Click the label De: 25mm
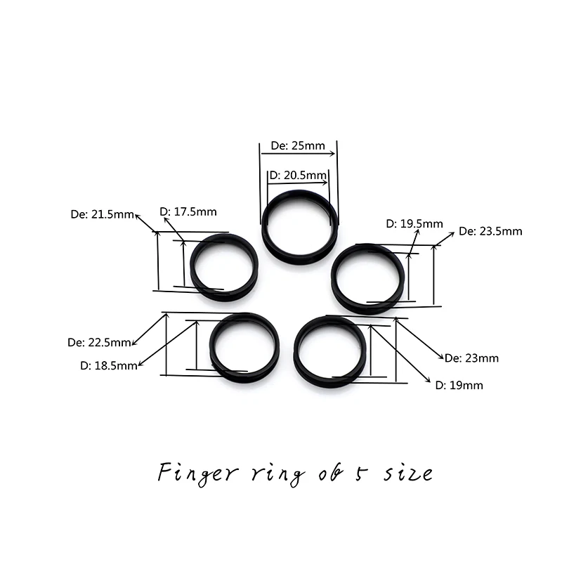tap(298, 146)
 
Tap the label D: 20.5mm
tap(298, 175)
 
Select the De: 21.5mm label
tap(103, 214)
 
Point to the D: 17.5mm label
tap(188, 211)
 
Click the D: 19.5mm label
tap(414, 223)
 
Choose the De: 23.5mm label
tap(490, 230)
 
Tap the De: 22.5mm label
tap(99, 343)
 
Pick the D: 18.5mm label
tap(108, 365)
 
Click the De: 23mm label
tap(471, 358)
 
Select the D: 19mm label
tap(459, 385)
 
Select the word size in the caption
tap(407, 473)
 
